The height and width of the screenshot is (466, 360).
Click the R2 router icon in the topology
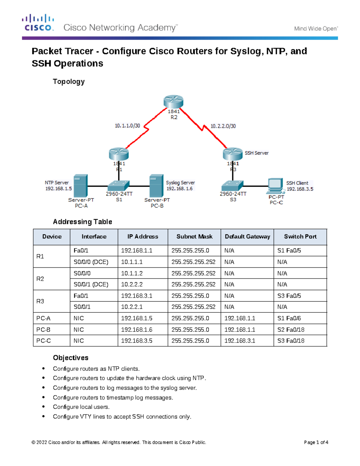click(x=173, y=102)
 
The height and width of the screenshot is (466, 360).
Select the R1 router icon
click(x=119, y=154)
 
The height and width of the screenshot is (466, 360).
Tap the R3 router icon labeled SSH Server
click(x=232, y=154)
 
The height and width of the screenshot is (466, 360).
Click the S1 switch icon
click(x=118, y=186)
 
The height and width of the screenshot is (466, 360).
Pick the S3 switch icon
click(x=232, y=186)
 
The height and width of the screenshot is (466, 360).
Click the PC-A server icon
click(x=81, y=186)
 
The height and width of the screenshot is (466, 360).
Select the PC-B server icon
click(x=156, y=186)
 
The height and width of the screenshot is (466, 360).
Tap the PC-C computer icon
click(x=276, y=186)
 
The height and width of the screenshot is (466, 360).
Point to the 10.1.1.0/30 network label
click(x=127, y=126)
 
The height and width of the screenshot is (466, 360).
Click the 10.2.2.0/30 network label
click(x=223, y=126)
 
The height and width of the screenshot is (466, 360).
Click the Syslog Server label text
click(x=180, y=182)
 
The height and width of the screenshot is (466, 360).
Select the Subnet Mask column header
click(x=194, y=236)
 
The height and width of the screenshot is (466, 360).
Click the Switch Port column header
click(x=300, y=236)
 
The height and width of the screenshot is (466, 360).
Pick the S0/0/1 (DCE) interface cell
click(x=91, y=284)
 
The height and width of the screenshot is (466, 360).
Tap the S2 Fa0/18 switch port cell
click(x=291, y=329)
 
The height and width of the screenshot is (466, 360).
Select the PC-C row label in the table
click(x=43, y=341)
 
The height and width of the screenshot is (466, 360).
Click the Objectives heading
click(x=70, y=358)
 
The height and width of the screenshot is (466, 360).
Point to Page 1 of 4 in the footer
click(x=316, y=442)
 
